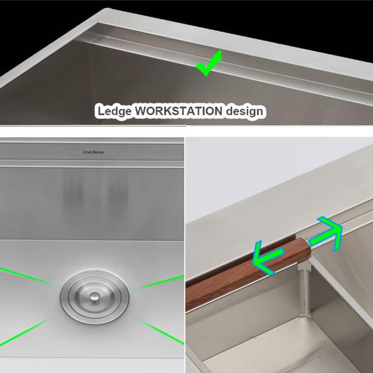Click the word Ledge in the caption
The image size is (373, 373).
(113, 112)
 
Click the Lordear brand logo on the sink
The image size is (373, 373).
(93, 152)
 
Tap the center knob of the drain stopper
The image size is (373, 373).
(94, 296)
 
